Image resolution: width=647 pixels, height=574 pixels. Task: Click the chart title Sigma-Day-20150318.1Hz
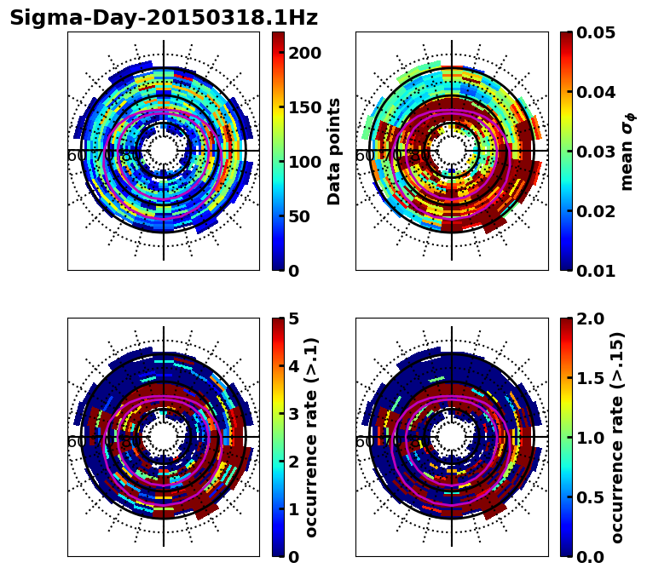click(164, 18)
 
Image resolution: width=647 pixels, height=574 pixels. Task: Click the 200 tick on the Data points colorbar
click(303, 53)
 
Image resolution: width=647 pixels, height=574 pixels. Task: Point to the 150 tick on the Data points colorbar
click(303, 107)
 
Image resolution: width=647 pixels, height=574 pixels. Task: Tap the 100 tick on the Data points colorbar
click(303, 162)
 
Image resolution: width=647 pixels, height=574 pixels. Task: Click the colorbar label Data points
click(334, 152)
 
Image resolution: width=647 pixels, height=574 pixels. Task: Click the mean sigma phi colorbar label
click(627, 152)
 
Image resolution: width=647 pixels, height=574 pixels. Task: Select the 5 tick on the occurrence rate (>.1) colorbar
click(294, 319)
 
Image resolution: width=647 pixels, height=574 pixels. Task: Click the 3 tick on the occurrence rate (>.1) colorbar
click(294, 414)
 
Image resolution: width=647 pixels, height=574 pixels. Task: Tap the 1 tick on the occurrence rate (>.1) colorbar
click(294, 509)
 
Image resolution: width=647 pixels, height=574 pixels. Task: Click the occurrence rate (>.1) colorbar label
click(312, 438)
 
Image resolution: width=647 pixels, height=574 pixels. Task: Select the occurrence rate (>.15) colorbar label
click(617, 438)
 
